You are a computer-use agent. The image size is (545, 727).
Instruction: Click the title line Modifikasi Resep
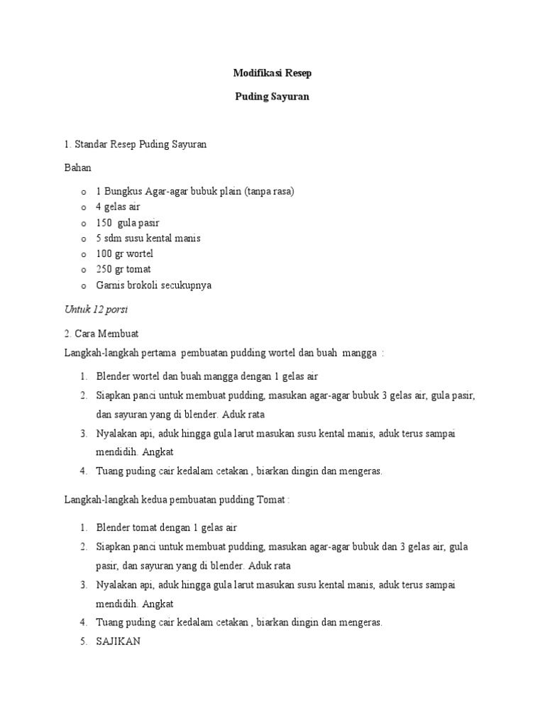[x=272, y=73]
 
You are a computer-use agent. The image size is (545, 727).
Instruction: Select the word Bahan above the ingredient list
[x=77, y=168]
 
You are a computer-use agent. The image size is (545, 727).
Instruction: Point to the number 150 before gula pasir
[x=104, y=222]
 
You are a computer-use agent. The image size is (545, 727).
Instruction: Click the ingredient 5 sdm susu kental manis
[x=153, y=238]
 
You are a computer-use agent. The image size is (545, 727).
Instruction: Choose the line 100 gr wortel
[x=124, y=253]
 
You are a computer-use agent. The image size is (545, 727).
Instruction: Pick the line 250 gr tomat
[x=123, y=269]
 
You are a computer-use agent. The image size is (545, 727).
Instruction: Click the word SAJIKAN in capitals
[x=119, y=640]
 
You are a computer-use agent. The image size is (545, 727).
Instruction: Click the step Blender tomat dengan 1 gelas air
[x=166, y=528]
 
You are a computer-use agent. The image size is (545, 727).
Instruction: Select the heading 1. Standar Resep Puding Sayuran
[x=135, y=145]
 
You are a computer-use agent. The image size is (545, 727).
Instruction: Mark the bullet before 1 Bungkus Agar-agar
[x=83, y=192]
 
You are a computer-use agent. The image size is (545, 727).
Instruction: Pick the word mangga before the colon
[x=359, y=354]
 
